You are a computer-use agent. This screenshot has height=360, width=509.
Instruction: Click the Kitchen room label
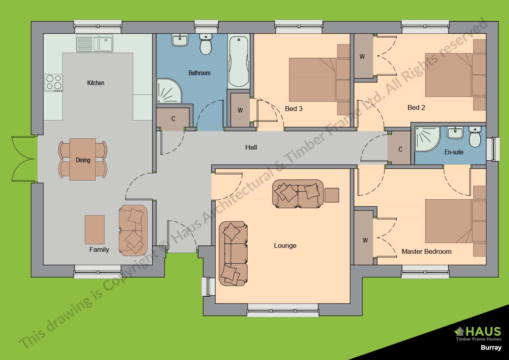[96, 83]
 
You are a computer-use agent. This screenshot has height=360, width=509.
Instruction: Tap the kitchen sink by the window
[95, 43]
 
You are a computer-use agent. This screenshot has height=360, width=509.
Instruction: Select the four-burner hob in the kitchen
[54, 83]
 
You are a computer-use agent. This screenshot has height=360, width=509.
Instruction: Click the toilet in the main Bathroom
[206, 44]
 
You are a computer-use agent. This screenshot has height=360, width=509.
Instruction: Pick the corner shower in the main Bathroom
[169, 91]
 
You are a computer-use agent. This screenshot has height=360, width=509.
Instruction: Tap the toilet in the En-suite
[475, 136]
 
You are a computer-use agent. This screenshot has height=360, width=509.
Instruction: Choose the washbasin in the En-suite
[455, 133]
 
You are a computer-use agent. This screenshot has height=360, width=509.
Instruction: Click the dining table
[83, 160]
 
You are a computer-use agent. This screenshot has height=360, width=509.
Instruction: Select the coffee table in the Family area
[95, 230]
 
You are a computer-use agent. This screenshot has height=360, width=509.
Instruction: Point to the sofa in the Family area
[133, 230]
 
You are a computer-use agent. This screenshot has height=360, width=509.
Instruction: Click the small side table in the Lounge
[332, 195]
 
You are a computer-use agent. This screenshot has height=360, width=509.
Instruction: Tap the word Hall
[251, 147]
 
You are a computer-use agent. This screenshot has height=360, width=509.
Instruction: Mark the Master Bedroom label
[427, 251]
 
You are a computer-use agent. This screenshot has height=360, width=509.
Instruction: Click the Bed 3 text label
[293, 109]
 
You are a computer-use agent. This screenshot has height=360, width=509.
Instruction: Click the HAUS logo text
[478, 332]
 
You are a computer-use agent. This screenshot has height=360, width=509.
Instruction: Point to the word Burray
[491, 348]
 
